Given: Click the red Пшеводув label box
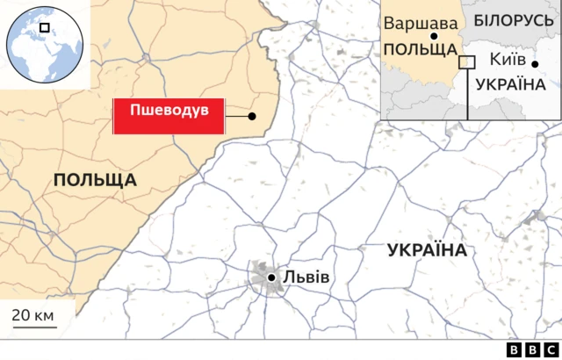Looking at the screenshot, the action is [169, 116].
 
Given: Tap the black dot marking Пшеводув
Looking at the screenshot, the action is [252, 116].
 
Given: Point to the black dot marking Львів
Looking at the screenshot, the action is [272, 277].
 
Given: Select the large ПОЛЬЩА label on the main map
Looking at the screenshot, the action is [95, 180].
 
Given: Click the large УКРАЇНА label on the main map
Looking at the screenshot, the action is [426, 250].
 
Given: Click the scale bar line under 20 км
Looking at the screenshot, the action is [34, 327].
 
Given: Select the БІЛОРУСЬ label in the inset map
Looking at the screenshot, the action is [513, 18].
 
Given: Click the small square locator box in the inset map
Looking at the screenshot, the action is [467, 62].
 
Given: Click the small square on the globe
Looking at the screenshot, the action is [44, 28].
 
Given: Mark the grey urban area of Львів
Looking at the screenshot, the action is [261, 273].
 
